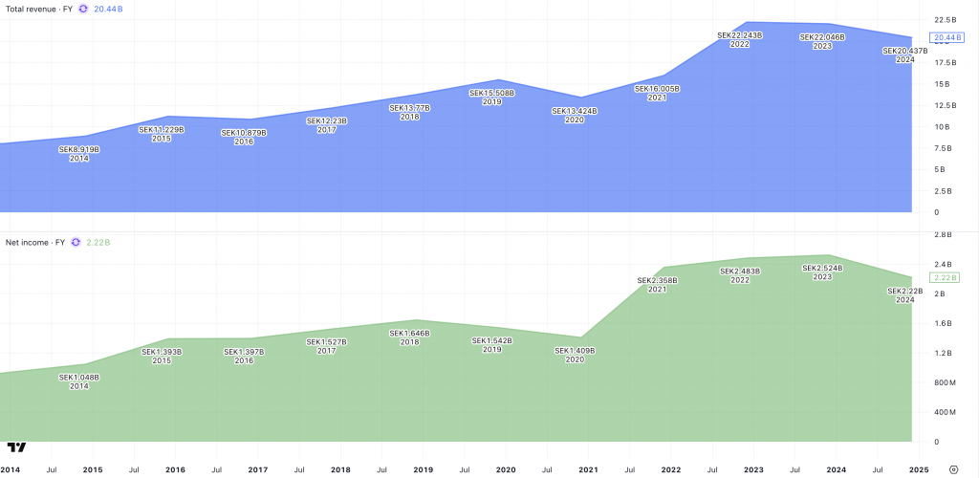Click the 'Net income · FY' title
click(35, 243)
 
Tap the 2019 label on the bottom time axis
click(423, 470)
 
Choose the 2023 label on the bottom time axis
click(753, 470)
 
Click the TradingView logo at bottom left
click(16, 446)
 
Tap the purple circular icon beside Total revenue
click(83, 9)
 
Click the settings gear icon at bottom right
click(953, 470)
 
